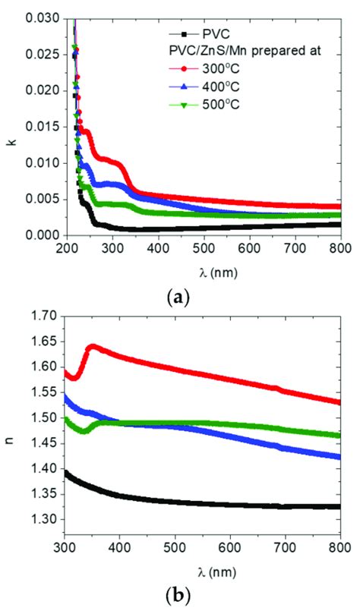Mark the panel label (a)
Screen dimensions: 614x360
(179, 297)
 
